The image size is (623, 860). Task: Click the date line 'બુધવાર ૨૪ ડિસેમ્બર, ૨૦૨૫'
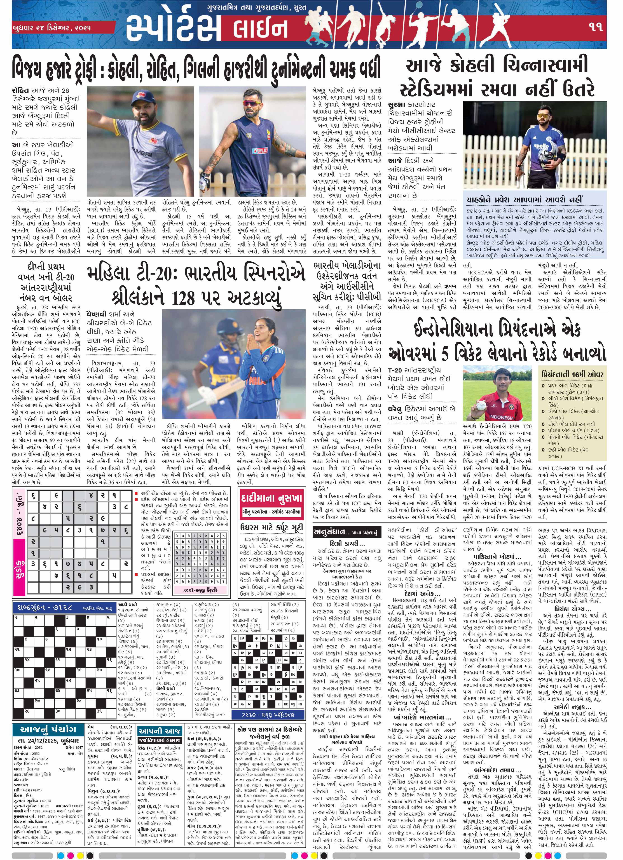click(x=52, y=28)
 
